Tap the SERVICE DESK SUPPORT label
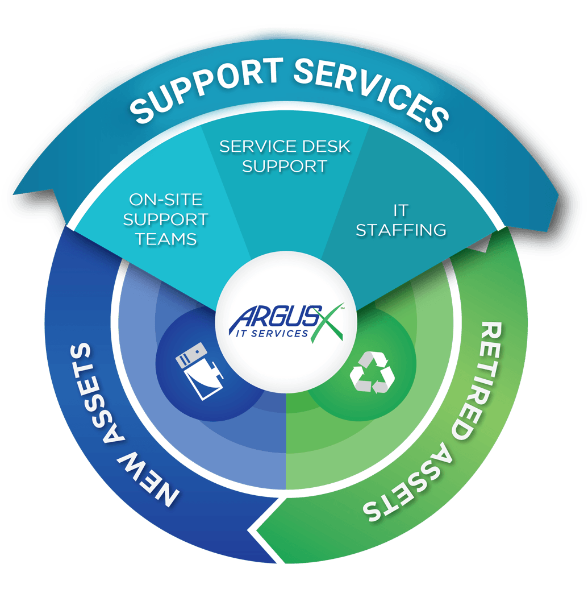pyautogui.click(x=285, y=156)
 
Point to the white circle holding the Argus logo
pyautogui.click(x=287, y=296)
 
